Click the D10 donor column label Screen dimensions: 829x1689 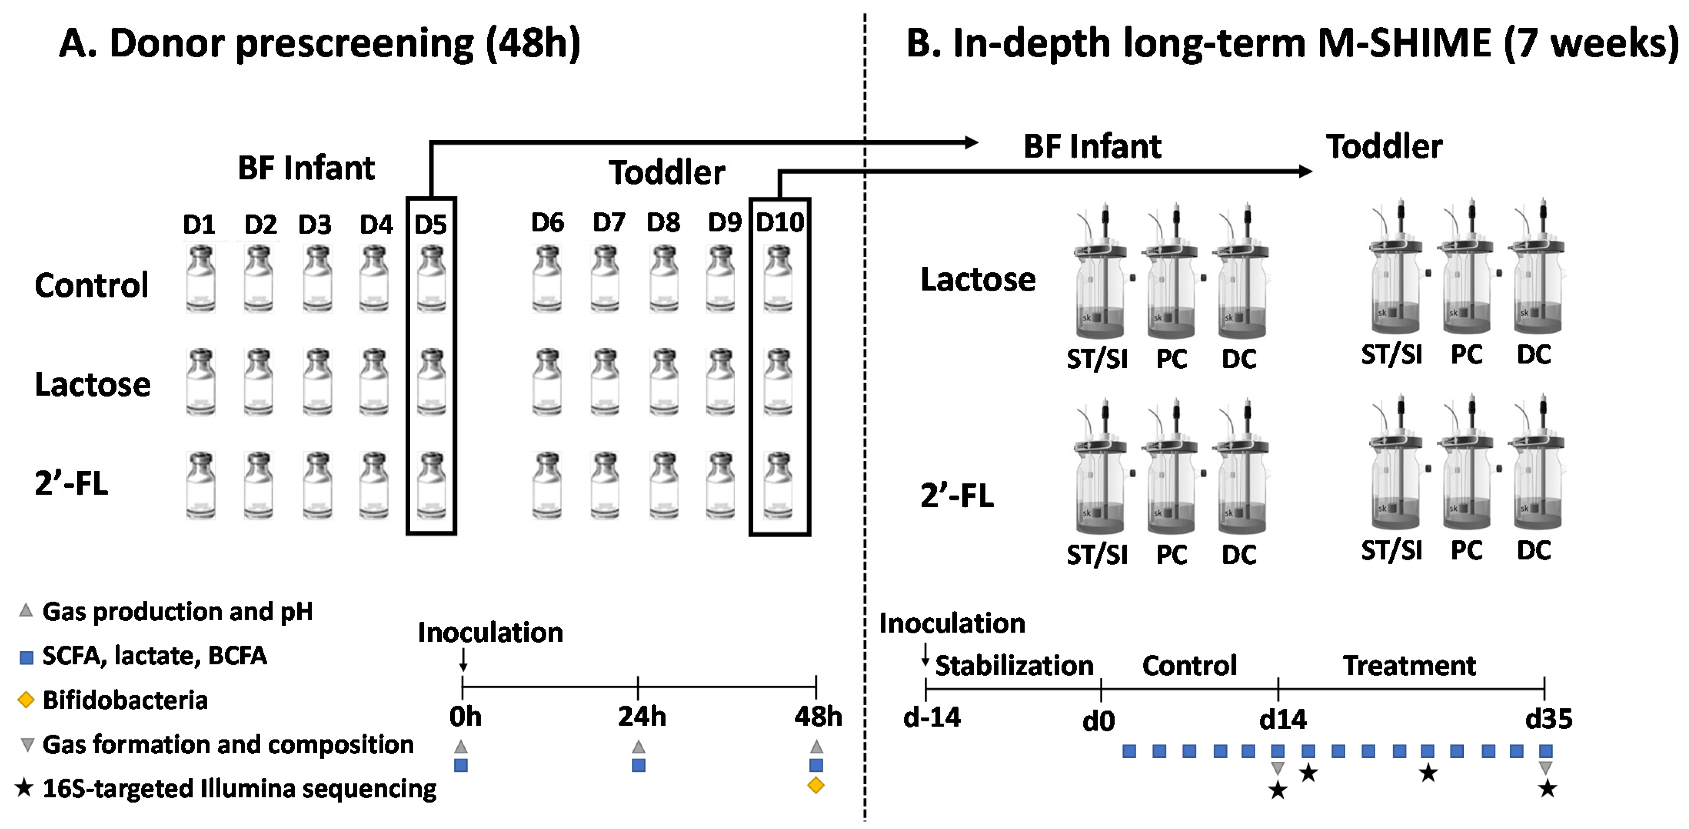[x=780, y=223]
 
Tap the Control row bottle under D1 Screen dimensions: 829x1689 [x=200, y=279]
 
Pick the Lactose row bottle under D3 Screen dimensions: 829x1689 [x=317, y=382]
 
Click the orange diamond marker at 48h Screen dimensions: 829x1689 [x=815, y=785]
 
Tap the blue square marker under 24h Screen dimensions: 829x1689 [x=638, y=765]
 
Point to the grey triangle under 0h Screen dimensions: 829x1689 [x=461, y=746]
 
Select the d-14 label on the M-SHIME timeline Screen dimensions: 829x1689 [x=932, y=718]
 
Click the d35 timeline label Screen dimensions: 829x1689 [x=1548, y=719]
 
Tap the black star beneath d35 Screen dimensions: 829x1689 [x=1547, y=788]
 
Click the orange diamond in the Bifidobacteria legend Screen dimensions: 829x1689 [x=26, y=700]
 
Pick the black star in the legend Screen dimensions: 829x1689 [x=24, y=788]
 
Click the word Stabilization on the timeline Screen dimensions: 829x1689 [x=1013, y=666]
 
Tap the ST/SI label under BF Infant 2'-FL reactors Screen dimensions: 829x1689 [x=1097, y=555]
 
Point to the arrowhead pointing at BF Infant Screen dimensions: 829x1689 [x=971, y=142]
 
